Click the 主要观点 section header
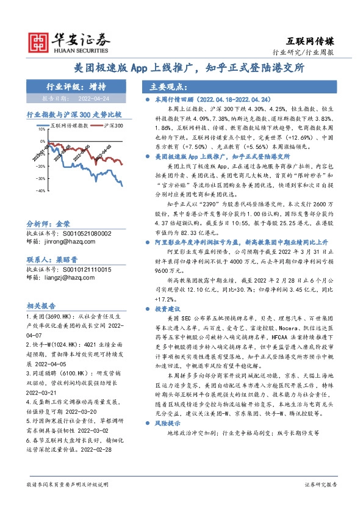(x=159, y=86)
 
